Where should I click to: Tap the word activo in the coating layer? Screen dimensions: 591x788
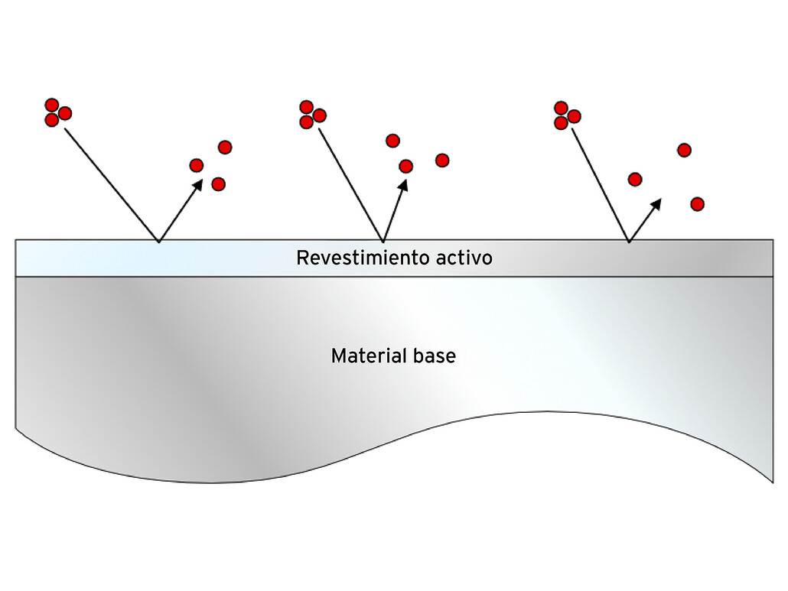(x=464, y=258)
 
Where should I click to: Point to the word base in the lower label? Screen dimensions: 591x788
(x=434, y=356)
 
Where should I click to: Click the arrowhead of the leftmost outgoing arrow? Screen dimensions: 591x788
(x=198, y=184)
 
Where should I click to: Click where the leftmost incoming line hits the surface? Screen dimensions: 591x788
(x=158, y=242)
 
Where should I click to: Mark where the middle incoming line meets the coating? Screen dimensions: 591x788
(x=382, y=242)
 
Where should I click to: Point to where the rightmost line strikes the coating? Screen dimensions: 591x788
(x=629, y=242)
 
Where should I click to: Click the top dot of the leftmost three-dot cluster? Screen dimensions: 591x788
(x=52, y=105)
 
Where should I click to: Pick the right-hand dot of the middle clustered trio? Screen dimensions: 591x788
(x=320, y=115)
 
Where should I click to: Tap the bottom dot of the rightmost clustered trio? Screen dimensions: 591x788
(x=561, y=122)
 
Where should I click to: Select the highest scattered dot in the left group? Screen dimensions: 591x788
(x=225, y=147)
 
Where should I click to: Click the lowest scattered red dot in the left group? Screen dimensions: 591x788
(x=218, y=183)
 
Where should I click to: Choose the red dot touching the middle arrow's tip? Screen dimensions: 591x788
(x=406, y=166)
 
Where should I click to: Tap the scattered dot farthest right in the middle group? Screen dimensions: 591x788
(x=442, y=160)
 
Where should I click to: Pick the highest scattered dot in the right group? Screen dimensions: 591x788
(x=685, y=150)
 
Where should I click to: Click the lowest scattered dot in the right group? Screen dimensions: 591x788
(x=697, y=204)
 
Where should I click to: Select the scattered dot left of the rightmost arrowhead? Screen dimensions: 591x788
(x=635, y=179)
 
